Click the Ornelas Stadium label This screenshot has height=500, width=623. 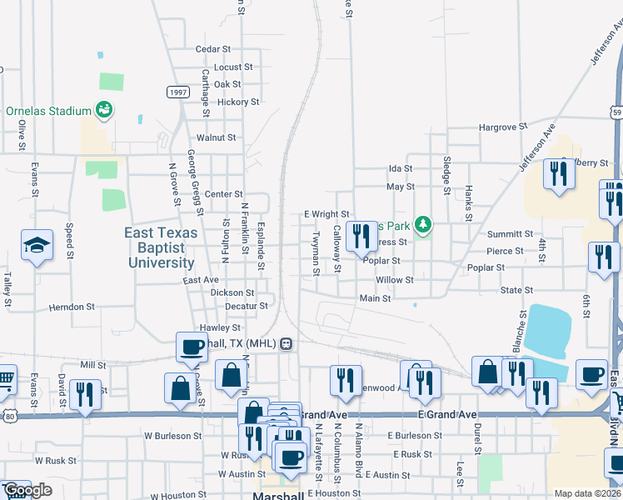click(48, 111)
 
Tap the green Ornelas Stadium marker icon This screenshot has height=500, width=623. click(104, 109)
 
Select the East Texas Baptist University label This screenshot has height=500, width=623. click(162, 247)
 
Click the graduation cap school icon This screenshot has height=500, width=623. click(37, 245)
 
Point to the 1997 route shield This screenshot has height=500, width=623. click(177, 92)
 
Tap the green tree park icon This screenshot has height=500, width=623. click(423, 223)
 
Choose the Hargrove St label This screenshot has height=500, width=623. click(503, 127)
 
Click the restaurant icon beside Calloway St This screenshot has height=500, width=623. click(361, 235)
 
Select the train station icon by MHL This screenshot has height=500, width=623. click(286, 343)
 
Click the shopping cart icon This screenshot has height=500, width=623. click(5, 380)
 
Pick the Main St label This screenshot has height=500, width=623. click(375, 298)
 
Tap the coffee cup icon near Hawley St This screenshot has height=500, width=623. click(192, 346)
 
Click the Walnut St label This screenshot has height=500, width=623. click(216, 137)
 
